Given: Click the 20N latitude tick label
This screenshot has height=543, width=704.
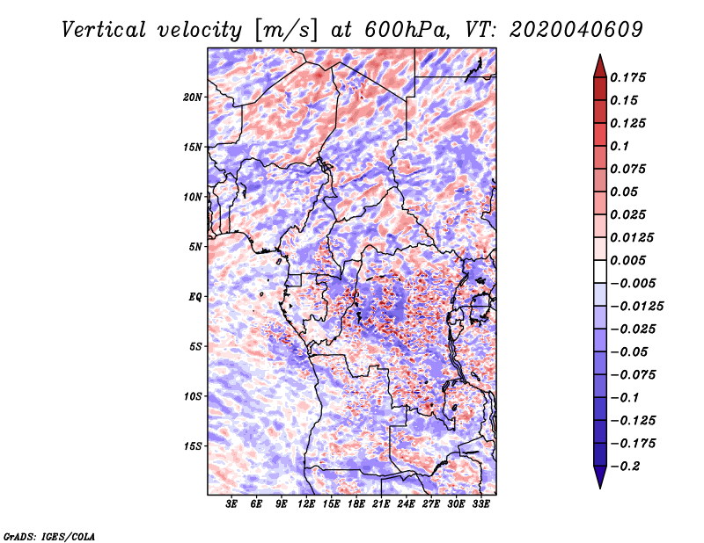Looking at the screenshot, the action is (193, 98).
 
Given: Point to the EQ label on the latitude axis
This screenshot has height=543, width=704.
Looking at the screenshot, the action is (194, 297).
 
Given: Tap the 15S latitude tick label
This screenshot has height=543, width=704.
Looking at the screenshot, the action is (193, 446).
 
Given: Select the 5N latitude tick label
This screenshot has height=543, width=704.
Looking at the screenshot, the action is (195, 247).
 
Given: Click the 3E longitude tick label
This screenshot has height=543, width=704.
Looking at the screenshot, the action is (231, 504).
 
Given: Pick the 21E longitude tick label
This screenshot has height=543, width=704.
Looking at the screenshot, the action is (381, 504).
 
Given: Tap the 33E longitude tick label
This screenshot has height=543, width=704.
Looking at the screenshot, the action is (480, 504).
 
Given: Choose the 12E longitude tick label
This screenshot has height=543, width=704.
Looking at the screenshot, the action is (305, 504).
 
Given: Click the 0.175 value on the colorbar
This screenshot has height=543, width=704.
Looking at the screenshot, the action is (627, 77).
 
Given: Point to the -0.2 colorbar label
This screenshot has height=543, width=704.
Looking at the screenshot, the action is (625, 467).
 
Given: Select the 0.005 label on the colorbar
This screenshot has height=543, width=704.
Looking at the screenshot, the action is (627, 260).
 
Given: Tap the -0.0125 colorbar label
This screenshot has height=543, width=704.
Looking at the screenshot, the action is (636, 307).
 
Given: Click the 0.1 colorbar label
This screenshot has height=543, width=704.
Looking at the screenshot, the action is (620, 146).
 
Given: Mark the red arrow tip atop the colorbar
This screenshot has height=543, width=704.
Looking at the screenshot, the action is (600, 54).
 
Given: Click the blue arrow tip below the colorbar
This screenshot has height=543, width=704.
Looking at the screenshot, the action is (600, 488).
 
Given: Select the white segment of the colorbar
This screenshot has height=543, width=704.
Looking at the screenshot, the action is (600, 271).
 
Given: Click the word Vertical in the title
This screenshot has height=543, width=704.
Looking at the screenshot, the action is (104, 30).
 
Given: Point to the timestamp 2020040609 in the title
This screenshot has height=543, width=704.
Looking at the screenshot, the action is (576, 30).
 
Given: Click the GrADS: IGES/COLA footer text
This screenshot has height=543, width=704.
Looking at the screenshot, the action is (49, 536).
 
